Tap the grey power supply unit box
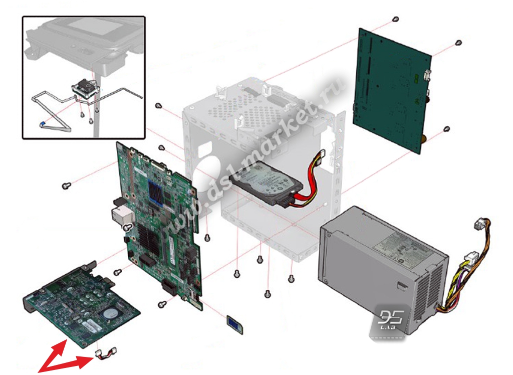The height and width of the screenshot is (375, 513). click(381, 271)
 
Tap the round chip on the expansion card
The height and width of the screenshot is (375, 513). click(111, 313)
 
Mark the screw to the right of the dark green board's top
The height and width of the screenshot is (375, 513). click(458, 43)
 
